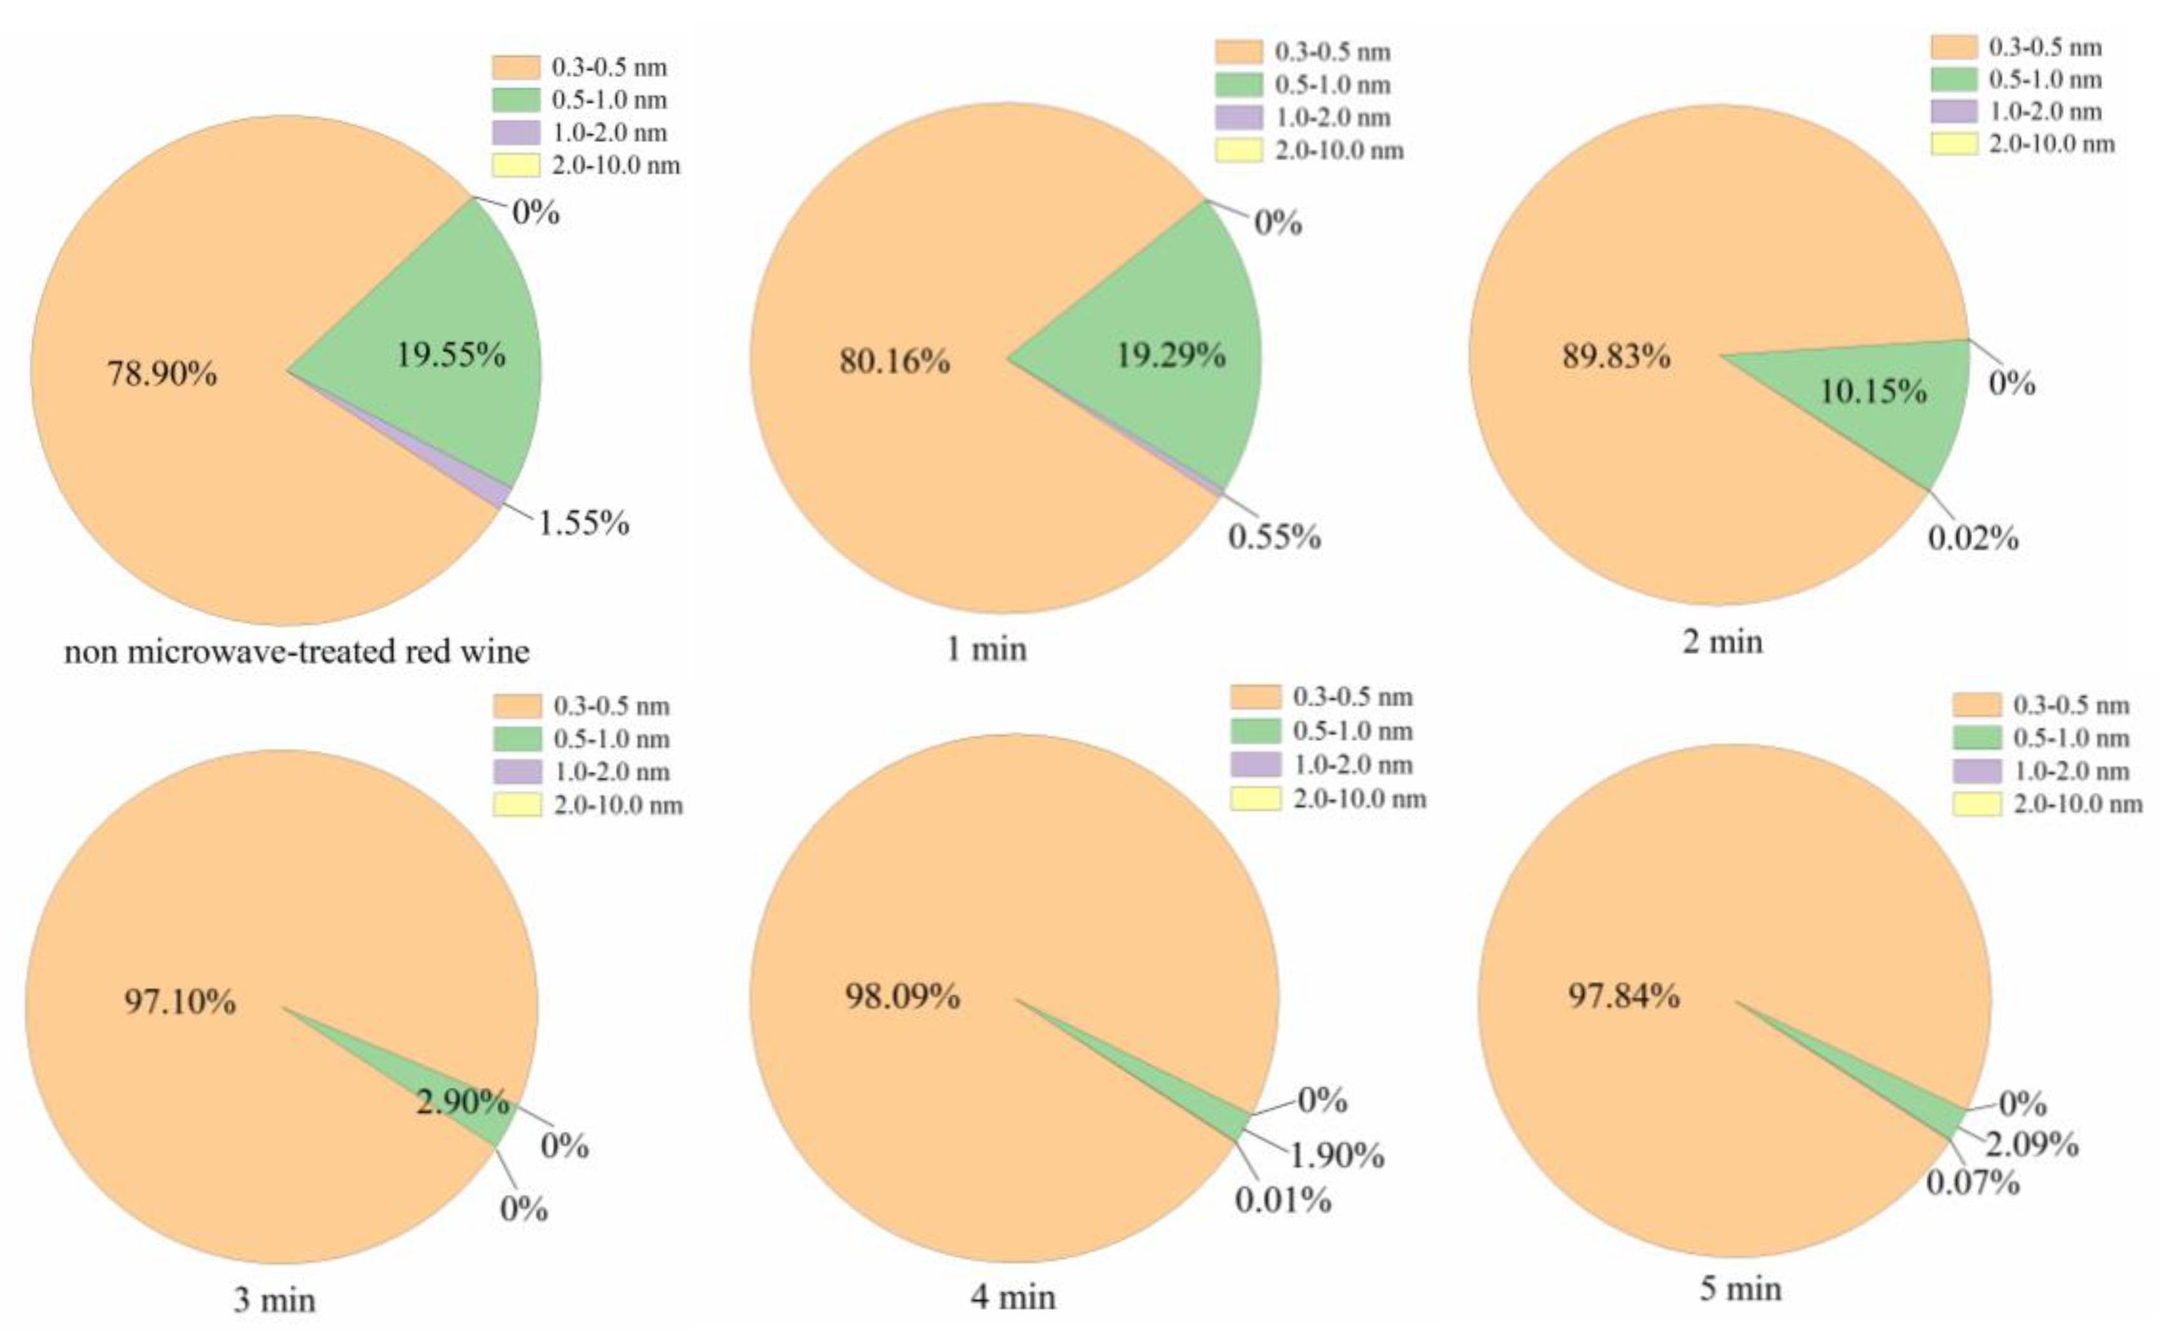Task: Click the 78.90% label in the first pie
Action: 162,373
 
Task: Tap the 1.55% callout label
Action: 584,523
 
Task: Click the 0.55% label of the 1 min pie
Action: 1274,537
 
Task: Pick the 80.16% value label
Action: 894,361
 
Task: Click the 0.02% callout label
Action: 1973,538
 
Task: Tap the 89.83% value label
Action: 1616,357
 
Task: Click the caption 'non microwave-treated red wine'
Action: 296,652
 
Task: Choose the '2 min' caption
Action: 1723,641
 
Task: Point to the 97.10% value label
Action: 180,1002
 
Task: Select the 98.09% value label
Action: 902,996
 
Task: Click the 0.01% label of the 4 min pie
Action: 1282,1201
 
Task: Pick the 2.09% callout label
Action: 2031,1145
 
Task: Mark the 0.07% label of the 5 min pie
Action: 1973,1182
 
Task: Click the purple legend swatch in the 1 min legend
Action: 1239,117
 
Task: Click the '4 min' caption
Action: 1013,1298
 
